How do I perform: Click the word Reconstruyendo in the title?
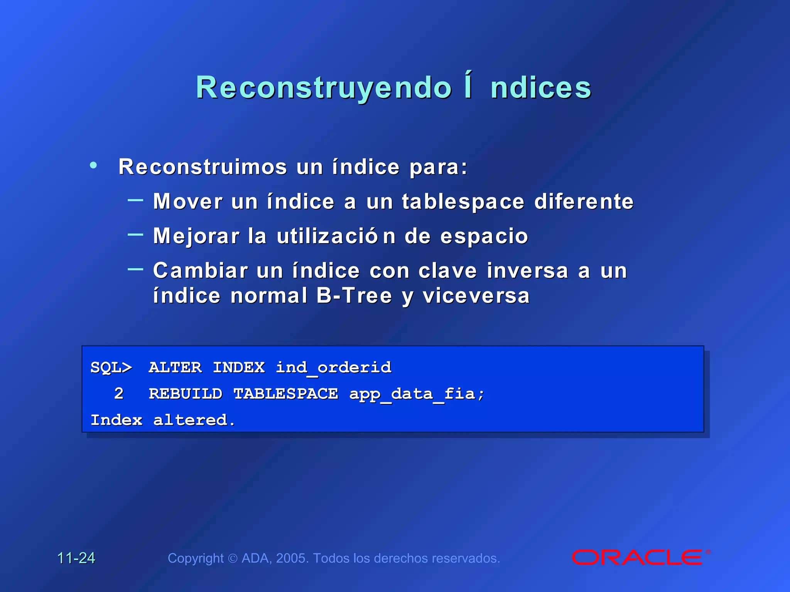[323, 88]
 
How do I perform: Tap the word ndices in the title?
[540, 88]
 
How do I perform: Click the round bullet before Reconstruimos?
[93, 165]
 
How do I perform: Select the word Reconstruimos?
[203, 167]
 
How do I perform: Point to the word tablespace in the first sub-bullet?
[463, 202]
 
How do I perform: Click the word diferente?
[584, 202]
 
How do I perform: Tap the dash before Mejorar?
[135, 234]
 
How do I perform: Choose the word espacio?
[484, 236]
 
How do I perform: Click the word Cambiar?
[200, 271]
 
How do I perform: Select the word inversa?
[527, 271]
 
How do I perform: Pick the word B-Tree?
[354, 296]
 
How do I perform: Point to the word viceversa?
[476, 296]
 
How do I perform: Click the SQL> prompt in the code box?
[111, 367]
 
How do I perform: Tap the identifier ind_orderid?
[334, 367]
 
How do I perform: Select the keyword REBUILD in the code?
[186, 394]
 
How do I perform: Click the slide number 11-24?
[76, 558]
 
